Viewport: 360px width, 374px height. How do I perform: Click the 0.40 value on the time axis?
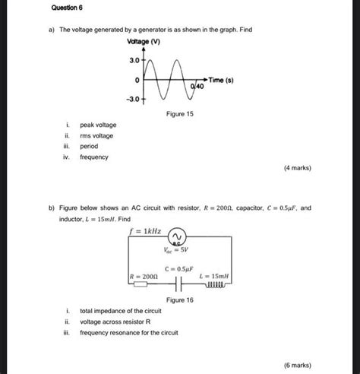[197, 88]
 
